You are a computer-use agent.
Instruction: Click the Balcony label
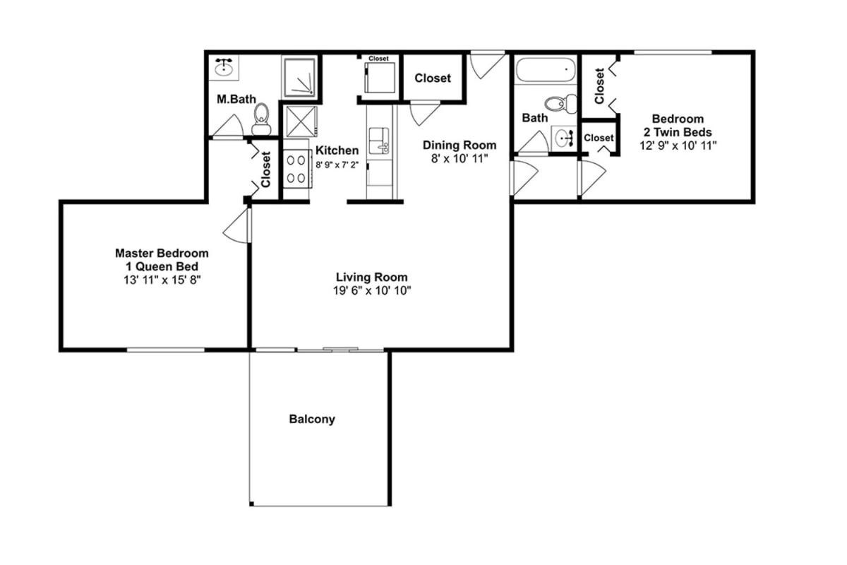coord(312,420)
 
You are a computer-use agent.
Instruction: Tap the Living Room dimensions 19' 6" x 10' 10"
coord(372,291)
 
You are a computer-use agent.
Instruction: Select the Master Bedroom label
coord(162,253)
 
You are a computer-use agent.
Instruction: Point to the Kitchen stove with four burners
coord(297,169)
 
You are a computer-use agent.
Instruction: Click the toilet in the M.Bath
coord(261,119)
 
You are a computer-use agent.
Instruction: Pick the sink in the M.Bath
coord(224,68)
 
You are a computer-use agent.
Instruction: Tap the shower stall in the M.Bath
coord(299,77)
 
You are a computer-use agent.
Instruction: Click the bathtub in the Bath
coord(546,69)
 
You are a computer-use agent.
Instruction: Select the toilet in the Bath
coord(560,103)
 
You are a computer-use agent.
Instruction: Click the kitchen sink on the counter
coord(379,141)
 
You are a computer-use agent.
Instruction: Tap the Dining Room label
coord(459,145)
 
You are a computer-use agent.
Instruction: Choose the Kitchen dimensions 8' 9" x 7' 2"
coord(337,165)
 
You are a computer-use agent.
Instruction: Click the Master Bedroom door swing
coord(236,225)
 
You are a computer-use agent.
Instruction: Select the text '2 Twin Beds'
coord(678,132)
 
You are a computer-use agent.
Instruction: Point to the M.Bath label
coord(236,99)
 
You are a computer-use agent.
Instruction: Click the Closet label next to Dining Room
coord(433,78)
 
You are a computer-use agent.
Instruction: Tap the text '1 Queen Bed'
coord(162,266)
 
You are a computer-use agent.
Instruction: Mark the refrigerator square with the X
coord(301,121)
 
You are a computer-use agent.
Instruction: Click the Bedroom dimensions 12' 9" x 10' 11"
coord(678,145)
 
